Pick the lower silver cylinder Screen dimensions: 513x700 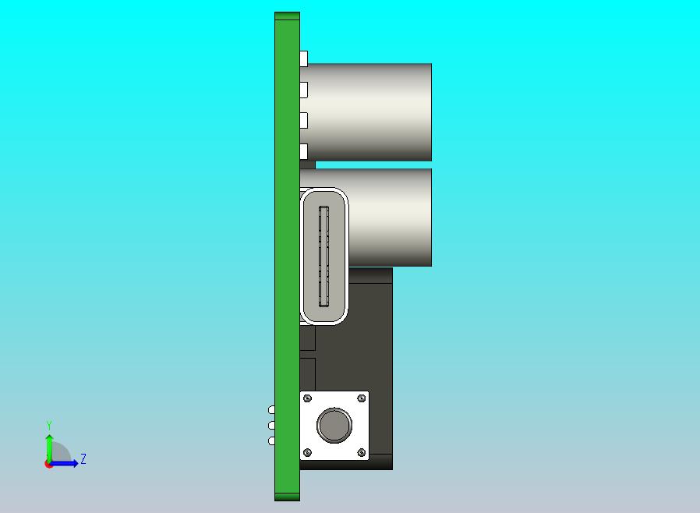click(390, 217)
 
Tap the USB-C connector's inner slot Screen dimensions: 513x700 click(323, 256)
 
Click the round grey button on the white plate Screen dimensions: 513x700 click(334, 426)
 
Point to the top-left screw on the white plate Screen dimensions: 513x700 click(308, 398)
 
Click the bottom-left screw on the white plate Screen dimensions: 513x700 click(307, 452)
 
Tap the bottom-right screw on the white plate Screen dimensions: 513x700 click(361, 452)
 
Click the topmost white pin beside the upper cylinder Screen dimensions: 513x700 click(303, 58)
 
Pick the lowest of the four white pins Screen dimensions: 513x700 click(303, 151)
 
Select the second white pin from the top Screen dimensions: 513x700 click(303, 90)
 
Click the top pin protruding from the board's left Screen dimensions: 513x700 click(271, 410)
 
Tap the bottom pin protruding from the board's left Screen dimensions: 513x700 click(271, 441)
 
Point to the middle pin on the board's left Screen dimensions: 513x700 click(271, 426)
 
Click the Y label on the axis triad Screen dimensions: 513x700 click(49, 426)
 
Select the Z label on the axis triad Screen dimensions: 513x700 click(83, 459)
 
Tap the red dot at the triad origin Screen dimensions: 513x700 click(48, 464)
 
